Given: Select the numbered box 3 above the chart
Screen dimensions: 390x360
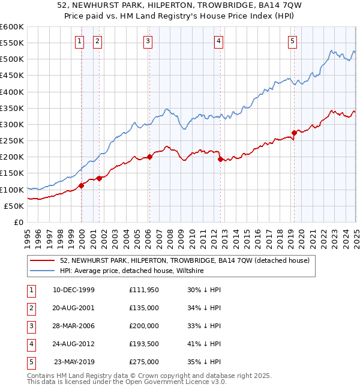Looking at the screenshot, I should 148,41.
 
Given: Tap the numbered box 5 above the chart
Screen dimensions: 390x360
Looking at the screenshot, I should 292,41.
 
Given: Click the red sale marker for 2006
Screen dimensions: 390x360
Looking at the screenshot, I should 150,157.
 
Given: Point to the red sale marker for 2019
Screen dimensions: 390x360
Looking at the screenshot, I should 294,133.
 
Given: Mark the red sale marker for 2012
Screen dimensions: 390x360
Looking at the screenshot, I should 220,159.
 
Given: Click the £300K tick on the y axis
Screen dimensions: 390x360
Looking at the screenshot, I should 12,124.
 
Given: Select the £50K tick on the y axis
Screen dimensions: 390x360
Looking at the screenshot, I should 14,206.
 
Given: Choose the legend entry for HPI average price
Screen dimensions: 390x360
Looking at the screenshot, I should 132,271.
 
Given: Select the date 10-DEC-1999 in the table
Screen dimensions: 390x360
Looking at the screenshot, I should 74,290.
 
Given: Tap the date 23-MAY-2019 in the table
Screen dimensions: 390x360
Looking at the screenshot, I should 74,362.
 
